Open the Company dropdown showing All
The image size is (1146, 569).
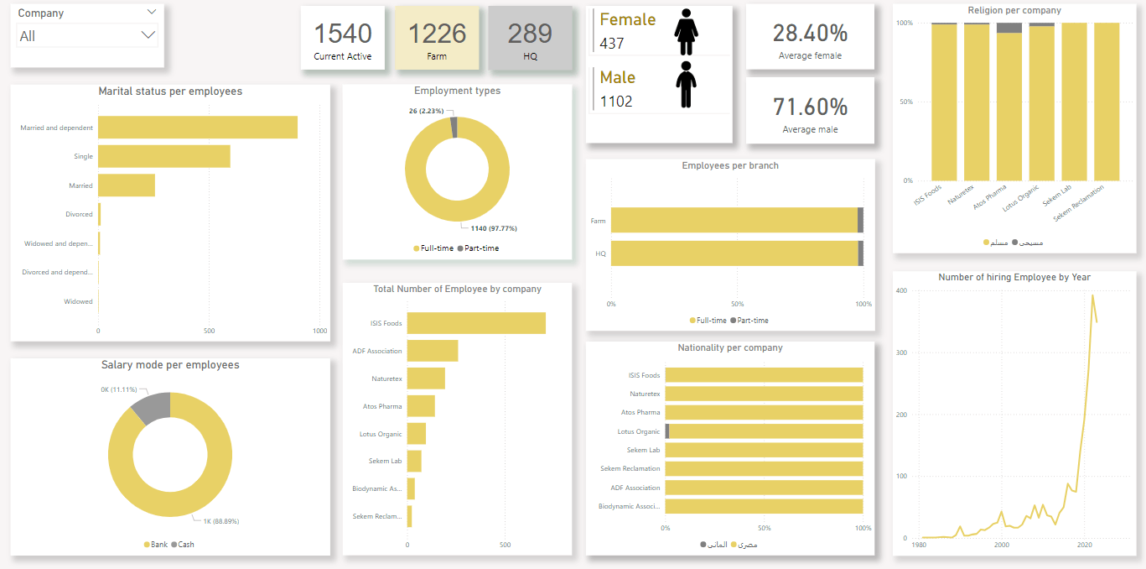(87, 36)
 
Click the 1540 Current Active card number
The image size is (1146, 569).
(342, 34)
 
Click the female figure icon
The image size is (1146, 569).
(686, 31)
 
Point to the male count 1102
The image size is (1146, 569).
(616, 102)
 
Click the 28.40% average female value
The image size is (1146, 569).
(810, 33)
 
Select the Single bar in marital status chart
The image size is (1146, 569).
(163, 156)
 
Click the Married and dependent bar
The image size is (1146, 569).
(197, 128)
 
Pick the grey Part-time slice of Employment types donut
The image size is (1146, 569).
(454, 127)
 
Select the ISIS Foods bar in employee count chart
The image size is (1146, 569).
(476, 323)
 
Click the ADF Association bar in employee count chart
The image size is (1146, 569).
(433, 351)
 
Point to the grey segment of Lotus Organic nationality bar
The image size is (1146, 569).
(667, 431)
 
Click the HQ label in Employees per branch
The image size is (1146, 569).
(600, 253)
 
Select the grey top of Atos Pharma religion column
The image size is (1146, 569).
(1009, 28)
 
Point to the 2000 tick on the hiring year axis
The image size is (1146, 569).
(1002, 544)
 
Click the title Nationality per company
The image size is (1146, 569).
(729, 347)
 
